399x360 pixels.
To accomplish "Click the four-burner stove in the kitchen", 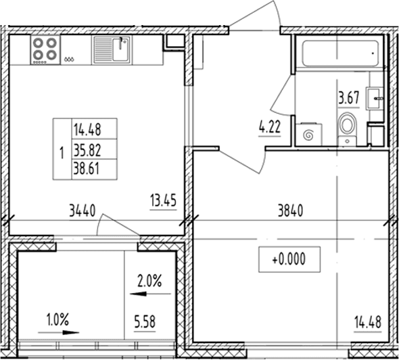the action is click(45, 50).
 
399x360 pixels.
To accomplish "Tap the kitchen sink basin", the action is click(120, 49).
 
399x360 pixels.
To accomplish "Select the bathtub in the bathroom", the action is click(340, 53).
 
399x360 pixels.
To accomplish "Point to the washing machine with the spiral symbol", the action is click(309, 135).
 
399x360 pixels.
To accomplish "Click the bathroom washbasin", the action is click(375, 98).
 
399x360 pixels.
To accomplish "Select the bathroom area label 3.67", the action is click(348, 98).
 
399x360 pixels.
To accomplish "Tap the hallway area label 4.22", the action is click(270, 127).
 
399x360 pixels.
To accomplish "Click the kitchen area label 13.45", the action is click(163, 200).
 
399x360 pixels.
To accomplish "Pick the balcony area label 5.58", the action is click(145, 321).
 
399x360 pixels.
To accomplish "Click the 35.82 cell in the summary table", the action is click(87, 150).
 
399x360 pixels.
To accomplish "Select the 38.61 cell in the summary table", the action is click(87, 168).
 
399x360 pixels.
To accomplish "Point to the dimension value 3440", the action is click(83, 211).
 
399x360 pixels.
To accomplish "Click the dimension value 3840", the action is click(290, 211).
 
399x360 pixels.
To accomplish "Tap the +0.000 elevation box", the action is click(289, 259).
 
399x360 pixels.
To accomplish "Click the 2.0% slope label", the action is click(149, 282).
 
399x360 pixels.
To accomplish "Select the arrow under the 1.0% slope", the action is click(59, 332).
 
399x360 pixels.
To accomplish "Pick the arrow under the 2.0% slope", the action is click(150, 294).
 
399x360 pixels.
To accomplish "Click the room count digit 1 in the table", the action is click(62, 153).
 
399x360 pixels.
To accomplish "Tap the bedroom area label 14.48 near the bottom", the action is click(368, 322).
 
